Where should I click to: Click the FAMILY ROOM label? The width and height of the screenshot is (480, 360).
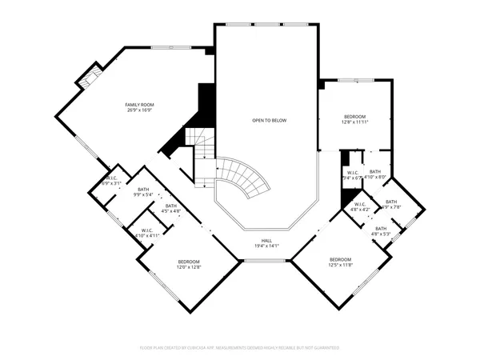pos(138,105)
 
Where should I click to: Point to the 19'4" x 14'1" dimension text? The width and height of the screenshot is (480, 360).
pos(266,246)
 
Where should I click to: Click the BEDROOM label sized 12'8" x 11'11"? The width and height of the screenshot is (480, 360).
pos(354,117)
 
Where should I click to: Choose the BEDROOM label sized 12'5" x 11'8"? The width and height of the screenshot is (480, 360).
pos(341,259)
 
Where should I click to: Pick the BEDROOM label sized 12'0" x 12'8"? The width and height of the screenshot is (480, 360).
pos(189,262)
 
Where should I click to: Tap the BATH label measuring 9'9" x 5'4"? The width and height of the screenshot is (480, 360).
pos(144,189)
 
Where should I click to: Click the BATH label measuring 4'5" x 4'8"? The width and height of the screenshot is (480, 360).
pos(171,206)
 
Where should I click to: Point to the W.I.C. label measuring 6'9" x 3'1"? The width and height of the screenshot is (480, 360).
pos(110,178)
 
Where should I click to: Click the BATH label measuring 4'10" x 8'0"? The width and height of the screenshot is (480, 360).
pos(376,172)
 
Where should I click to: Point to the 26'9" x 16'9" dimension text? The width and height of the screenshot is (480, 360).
pos(138,111)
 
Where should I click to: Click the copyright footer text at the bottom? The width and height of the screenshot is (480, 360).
pos(240,349)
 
